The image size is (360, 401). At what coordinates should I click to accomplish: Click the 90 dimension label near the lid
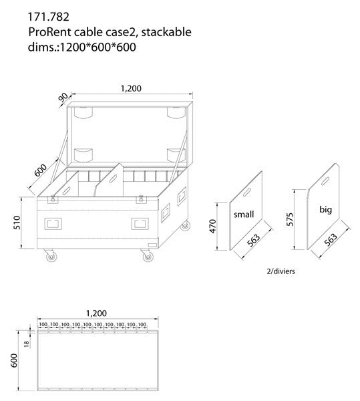pyautogui.click(x=64, y=99)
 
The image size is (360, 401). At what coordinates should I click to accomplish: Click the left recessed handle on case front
pyautogui.click(x=53, y=223)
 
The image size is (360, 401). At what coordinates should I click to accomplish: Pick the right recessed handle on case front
pyautogui.click(x=141, y=223)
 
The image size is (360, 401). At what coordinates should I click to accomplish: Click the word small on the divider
pyautogui.click(x=244, y=215)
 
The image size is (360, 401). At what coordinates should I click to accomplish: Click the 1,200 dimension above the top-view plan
pyautogui.click(x=98, y=313)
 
